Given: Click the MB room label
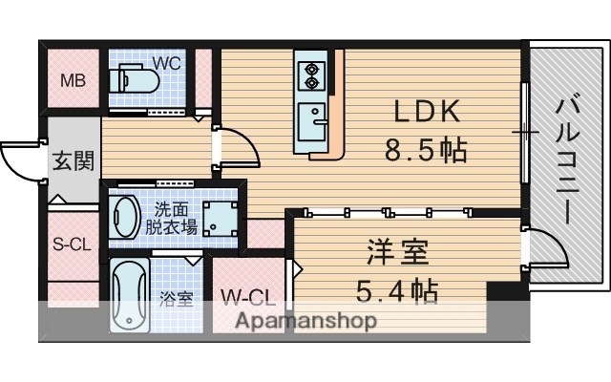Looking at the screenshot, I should pyautogui.click(x=74, y=80).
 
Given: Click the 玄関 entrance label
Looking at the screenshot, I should pyautogui.click(x=74, y=159).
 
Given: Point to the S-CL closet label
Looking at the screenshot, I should pyautogui.click(x=72, y=244).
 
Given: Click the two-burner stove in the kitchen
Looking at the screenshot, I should pyautogui.click(x=311, y=74).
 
